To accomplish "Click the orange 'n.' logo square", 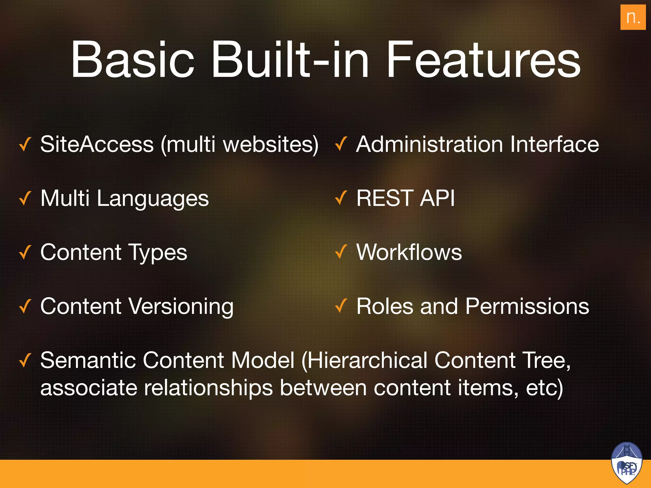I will pyautogui.click(x=633, y=17).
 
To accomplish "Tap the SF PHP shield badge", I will pyautogui.click(x=627, y=463).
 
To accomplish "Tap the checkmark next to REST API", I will pyautogui.click(x=341, y=198).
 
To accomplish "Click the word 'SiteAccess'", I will pyautogui.click(x=97, y=145).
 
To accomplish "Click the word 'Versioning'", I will pyautogui.click(x=181, y=307).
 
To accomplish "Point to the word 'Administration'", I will pyautogui.click(x=429, y=145).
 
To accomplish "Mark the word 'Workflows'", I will pyautogui.click(x=409, y=252).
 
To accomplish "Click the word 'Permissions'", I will pyautogui.click(x=527, y=307).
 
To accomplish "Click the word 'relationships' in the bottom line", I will pyautogui.click(x=208, y=388).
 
